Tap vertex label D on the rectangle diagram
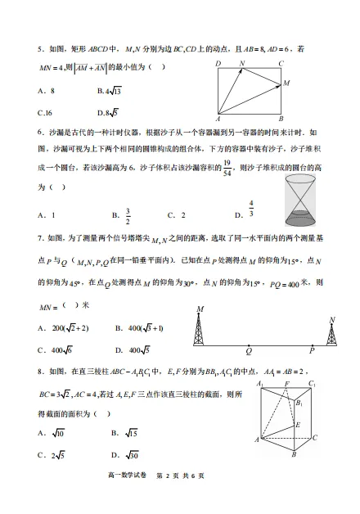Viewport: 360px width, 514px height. click(x=218, y=63)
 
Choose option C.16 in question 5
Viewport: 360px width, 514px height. click(x=46, y=111)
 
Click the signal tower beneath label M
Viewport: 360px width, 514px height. click(x=200, y=331)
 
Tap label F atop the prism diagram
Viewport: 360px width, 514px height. click(x=286, y=383)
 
